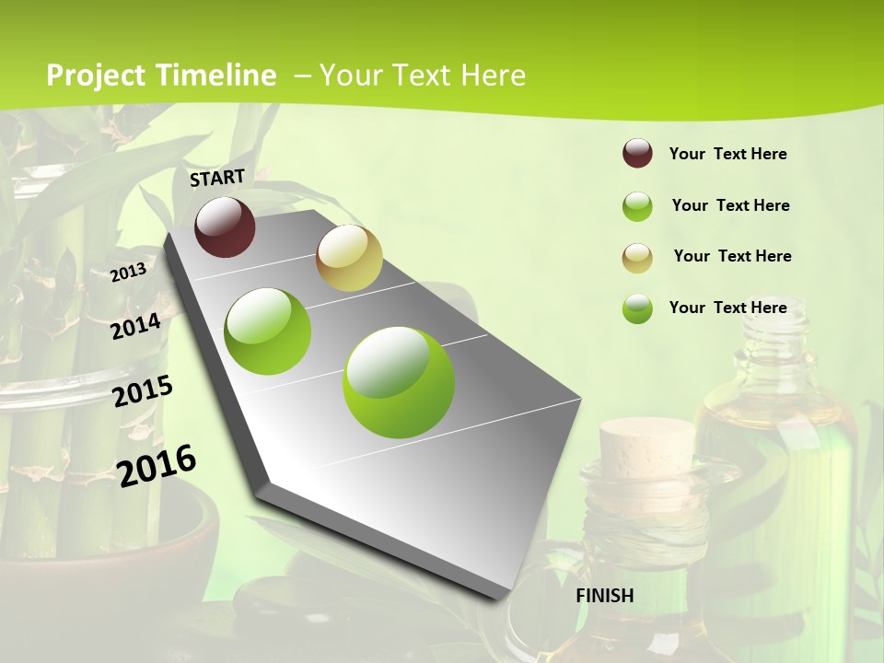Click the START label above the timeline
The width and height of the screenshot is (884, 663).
217,178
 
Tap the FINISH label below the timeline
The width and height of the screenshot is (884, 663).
604,596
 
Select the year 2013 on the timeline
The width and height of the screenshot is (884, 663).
128,272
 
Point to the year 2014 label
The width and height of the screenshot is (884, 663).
134,326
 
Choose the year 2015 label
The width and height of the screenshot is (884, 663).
142,391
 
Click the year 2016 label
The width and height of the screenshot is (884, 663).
157,465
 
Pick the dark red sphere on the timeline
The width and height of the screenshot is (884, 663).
225,227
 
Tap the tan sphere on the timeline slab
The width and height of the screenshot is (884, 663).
349,258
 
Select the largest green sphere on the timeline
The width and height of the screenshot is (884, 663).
398,382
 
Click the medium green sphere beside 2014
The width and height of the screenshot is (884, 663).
268,331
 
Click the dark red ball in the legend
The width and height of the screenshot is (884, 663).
637,154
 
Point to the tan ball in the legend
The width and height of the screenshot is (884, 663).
637,257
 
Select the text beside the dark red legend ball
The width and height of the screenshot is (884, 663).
727,154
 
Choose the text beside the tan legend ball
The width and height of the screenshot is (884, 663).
732,256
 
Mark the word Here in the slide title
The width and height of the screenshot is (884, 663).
492,76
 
